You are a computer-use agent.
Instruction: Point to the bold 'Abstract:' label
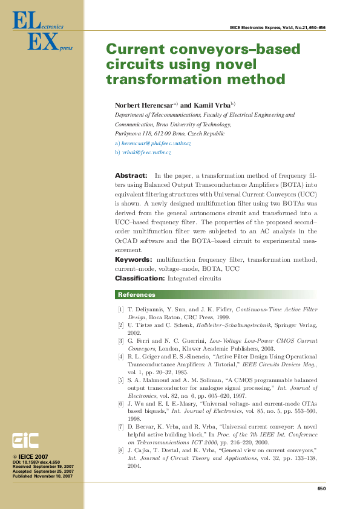click(x=131, y=175)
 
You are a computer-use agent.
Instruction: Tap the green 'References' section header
click(x=137, y=295)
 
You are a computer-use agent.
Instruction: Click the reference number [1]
click(x=121, y=310)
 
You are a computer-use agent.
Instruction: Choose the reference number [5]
click(x=121, y=380)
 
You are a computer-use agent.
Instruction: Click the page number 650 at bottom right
click(x=321, y=489)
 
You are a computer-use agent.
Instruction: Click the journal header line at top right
click(x=278, y=28)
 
